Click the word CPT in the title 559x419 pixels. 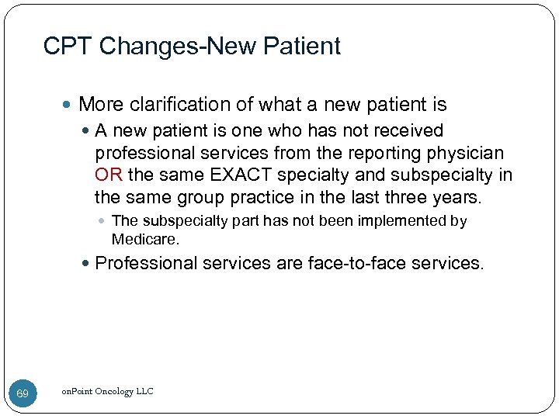(68, 47)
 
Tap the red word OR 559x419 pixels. (108, 175)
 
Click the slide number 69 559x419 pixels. (23, 395)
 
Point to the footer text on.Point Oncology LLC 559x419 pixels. (108, 392)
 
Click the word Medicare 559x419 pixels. (144, 239)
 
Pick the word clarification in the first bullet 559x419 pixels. (182, 104)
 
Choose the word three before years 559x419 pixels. (401, 197)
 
